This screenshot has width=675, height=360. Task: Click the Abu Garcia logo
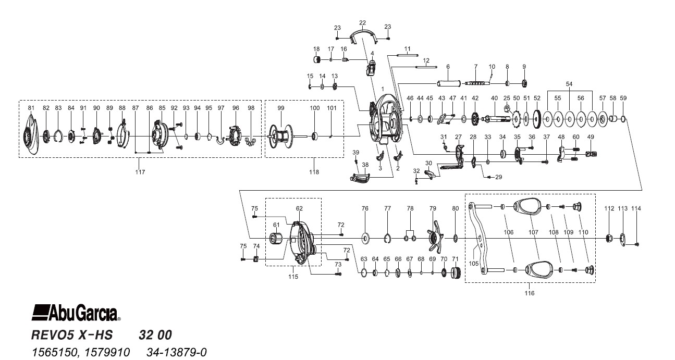(x=76, y=313)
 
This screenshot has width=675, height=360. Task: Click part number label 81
(x=31, y=108)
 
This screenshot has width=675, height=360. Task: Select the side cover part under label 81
(x=31, y=135)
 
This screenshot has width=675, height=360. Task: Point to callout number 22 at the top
(x=362, y=23)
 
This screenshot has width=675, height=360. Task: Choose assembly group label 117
(x=140, y=172)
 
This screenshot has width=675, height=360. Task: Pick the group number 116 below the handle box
(x=530, y=293)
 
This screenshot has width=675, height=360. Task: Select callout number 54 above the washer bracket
(x=569, y=84)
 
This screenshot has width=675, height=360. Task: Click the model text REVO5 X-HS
(x=72, y=335)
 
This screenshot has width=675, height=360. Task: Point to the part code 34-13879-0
(x=177, y=352)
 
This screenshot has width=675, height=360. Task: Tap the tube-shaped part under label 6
(x=449, y=83)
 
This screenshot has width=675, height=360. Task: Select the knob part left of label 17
(x=317, y=59)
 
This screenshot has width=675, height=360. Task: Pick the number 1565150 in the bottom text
(x=55, y=352)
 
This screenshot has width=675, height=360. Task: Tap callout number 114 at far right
(x=636, y=208)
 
